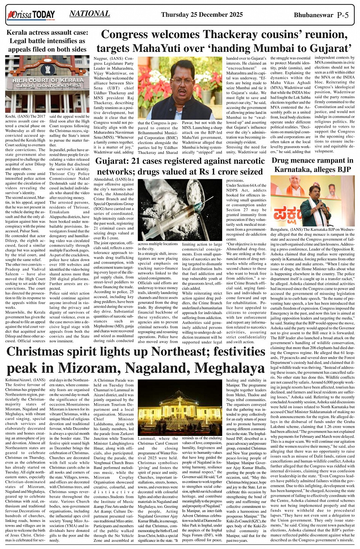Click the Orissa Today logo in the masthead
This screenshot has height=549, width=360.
[x=30, y=15]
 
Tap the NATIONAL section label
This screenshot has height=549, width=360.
[x=90, y=14]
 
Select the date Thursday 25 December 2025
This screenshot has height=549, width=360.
[x=202, y=15]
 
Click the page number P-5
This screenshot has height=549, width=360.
[x=343, y=15]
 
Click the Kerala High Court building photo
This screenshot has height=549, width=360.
[x=47, y=84]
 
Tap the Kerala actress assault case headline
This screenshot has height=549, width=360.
[x=47, y=41]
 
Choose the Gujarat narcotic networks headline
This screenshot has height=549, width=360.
[x=180, y=166]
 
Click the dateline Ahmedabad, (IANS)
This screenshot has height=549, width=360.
[x=114, y=179]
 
